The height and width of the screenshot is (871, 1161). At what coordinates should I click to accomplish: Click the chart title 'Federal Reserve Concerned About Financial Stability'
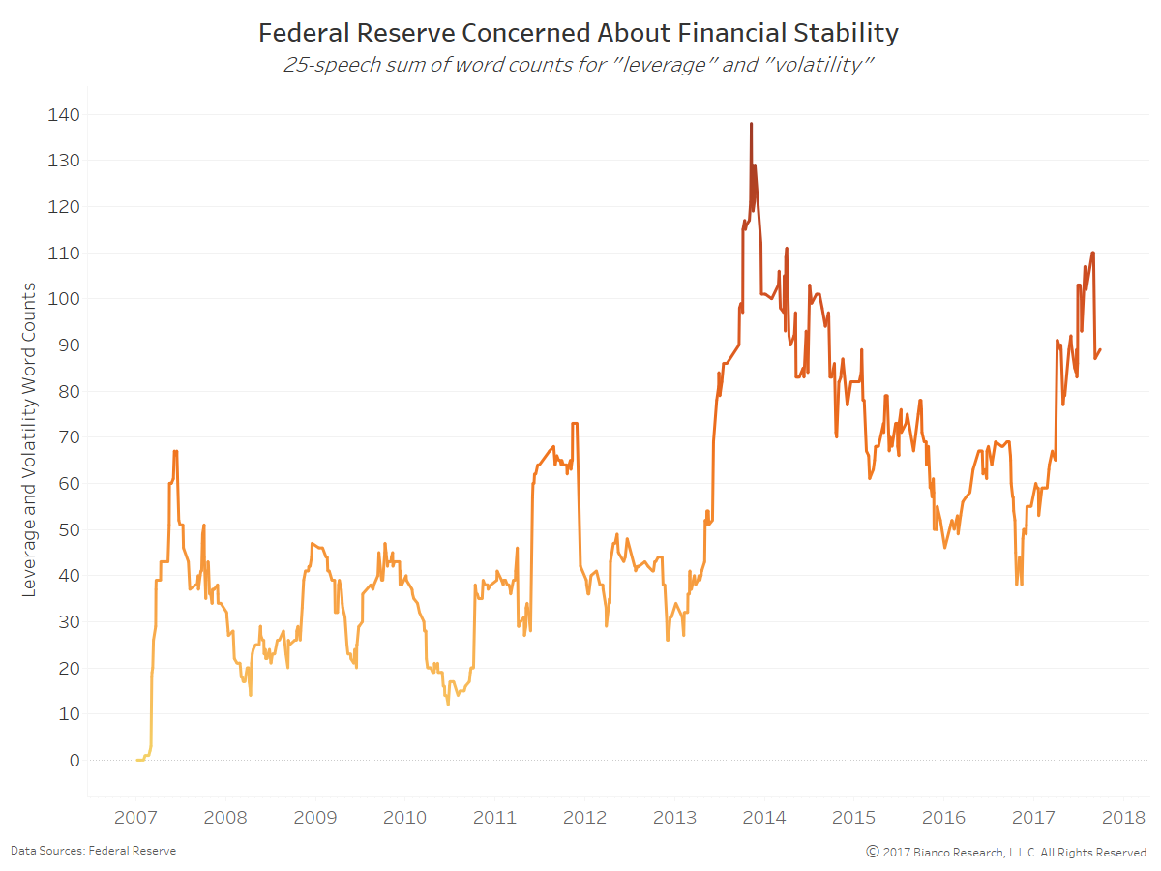(x=579, y=34)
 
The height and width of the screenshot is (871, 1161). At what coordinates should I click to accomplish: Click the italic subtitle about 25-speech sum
(x=578, y=66)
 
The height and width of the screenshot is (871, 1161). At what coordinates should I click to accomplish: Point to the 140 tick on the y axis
(x=61, y=114)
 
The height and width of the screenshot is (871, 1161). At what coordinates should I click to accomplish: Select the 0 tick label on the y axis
(x=74, y=760)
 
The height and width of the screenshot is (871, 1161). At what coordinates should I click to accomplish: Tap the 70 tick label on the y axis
(x=66, y=437)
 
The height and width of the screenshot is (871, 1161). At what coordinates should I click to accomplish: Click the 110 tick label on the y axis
(x=61, y=253)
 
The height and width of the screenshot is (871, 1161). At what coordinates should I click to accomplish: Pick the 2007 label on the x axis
(x=135, y=818)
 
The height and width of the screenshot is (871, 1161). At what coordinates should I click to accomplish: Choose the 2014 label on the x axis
(x=764, y=818)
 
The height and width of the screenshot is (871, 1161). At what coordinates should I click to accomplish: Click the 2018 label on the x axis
(x=1123, y=818)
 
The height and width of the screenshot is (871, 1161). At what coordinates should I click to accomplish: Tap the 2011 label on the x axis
(x=494, y=818)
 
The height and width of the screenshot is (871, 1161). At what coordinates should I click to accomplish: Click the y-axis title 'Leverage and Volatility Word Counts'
(x=29, y=439)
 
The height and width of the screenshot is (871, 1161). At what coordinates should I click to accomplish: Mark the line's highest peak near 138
(x=751, y=124)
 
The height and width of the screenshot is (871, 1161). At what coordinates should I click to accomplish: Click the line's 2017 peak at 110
(x=1092, y=254)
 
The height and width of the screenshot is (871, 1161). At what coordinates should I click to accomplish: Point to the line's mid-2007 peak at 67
(x=175, y=451)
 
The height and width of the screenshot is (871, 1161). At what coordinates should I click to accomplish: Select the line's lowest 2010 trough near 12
(x=448, y=704)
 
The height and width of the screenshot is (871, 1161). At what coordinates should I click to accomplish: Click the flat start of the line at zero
(x=140, y=760)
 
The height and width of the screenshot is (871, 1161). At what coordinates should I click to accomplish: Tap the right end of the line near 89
(x=1101, y=350)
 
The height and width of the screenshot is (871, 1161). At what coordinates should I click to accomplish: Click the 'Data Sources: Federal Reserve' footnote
(x=93, y=851)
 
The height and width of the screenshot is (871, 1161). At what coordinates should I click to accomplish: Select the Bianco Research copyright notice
(x=1006, y=852)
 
